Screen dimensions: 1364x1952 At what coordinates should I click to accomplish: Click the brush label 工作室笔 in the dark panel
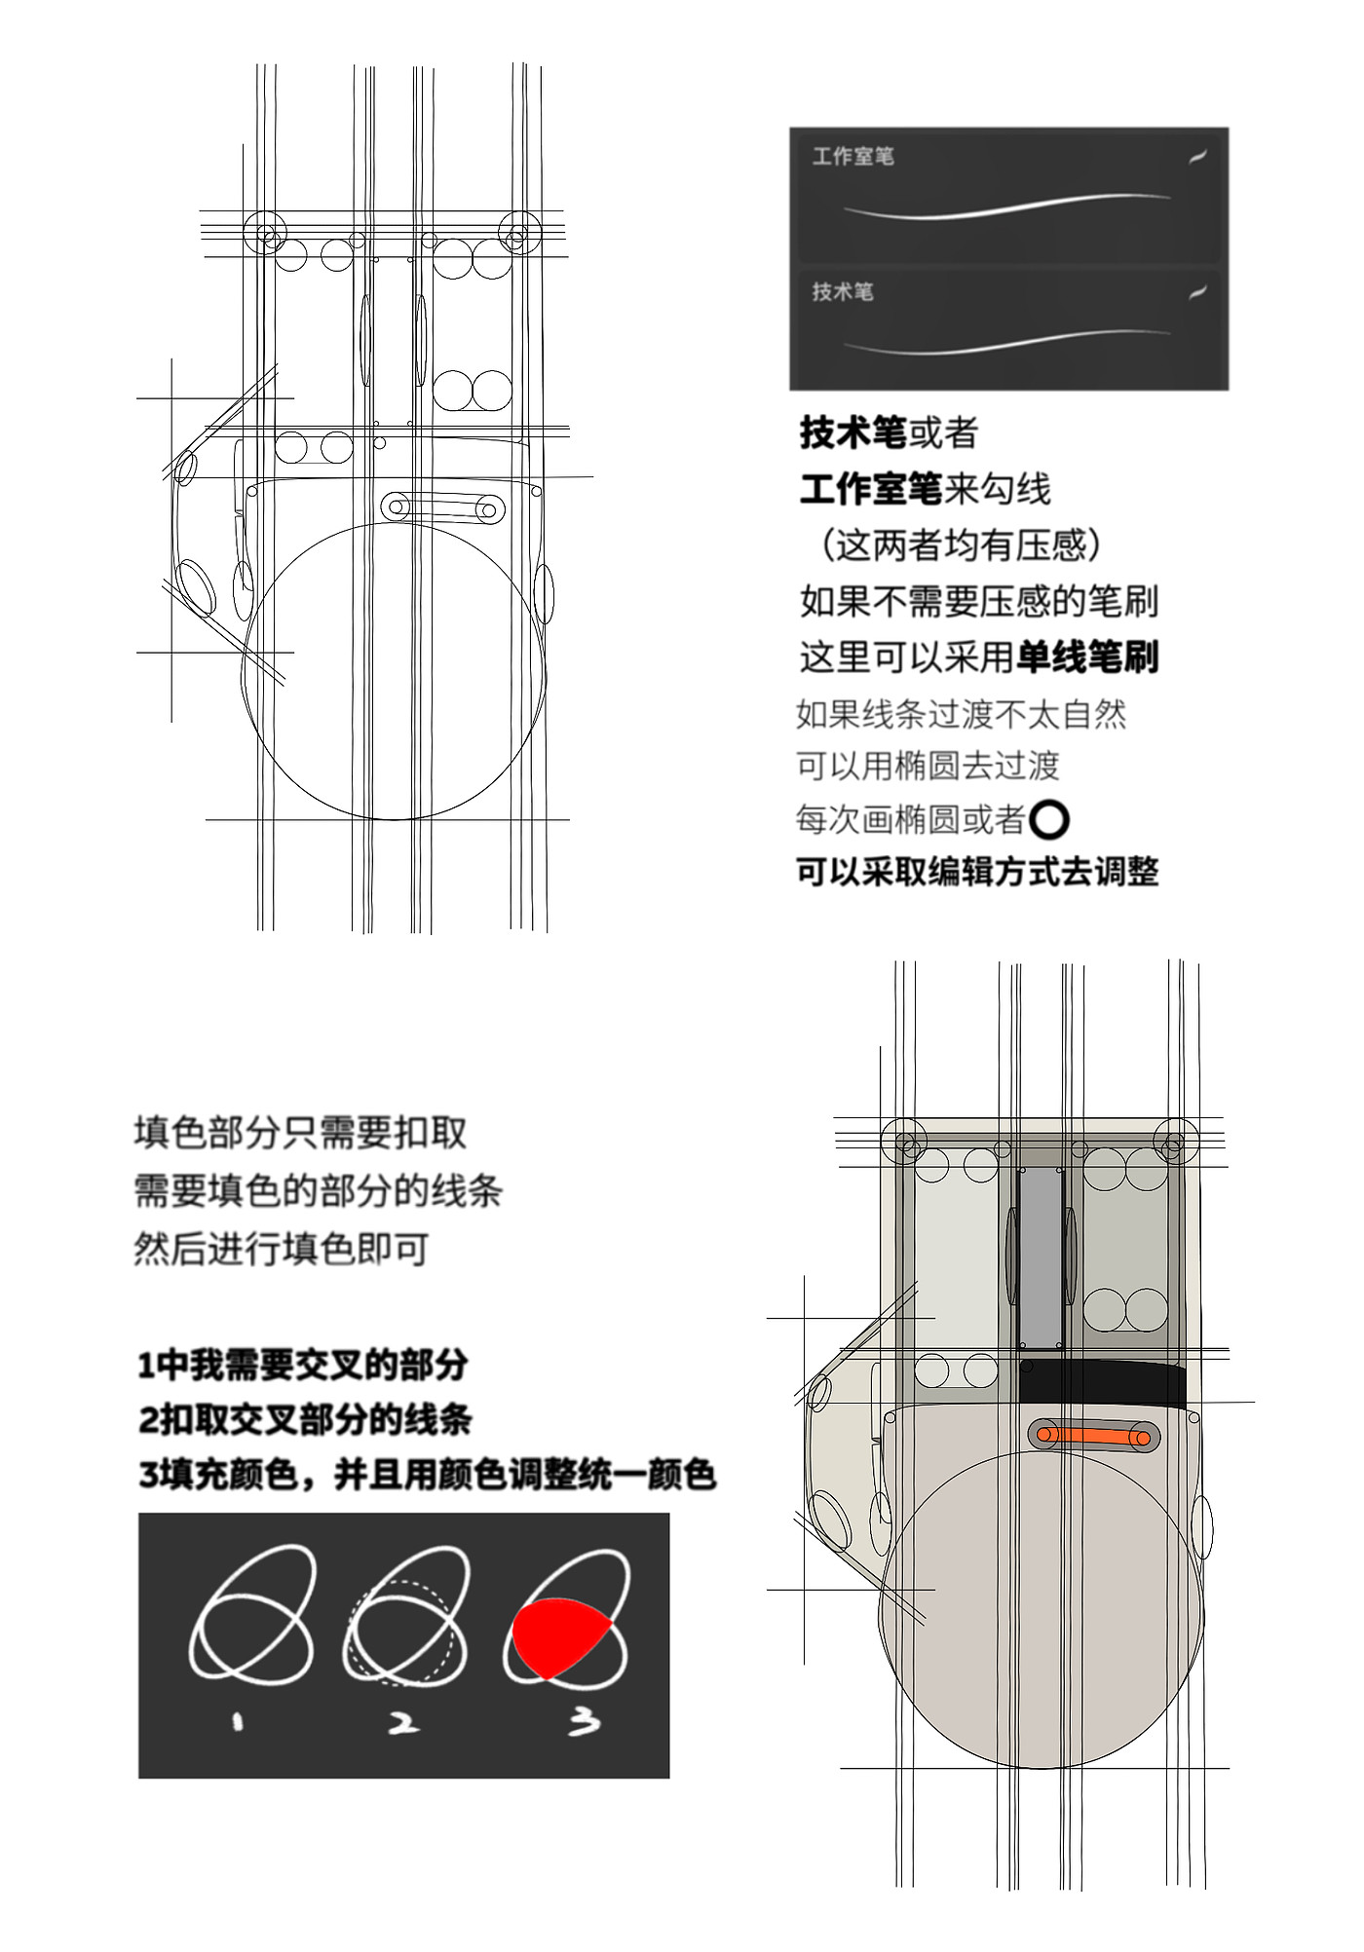tap(853, 157)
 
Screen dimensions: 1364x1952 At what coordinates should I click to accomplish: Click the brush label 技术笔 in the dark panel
tap(843, 291)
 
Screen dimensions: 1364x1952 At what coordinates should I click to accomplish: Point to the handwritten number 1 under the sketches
tap(237, 1722)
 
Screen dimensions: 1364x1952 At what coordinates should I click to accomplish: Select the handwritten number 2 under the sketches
tap(403, 1723)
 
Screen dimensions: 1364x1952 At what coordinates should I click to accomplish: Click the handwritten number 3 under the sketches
tap(584, 1722)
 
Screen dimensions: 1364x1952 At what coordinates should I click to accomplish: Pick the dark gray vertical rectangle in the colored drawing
tap(1041, 1256)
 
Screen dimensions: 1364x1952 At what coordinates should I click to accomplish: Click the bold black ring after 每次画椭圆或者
tap(1048, 820)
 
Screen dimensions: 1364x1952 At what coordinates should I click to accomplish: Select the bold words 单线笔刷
tap(1087, 657)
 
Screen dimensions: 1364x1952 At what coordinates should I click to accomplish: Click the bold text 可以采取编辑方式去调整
tap(977, 871)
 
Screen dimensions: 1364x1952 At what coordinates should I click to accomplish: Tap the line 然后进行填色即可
tap(282, 1249)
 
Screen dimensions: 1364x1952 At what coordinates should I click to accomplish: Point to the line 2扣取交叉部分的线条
tap(305, 1419)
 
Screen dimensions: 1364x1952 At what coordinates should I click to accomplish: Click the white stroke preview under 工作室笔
tap(1007, 206)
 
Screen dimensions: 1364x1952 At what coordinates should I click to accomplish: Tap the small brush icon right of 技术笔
tap(1198, 291)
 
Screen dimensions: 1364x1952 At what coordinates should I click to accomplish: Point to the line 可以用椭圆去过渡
tap(928, 766)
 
